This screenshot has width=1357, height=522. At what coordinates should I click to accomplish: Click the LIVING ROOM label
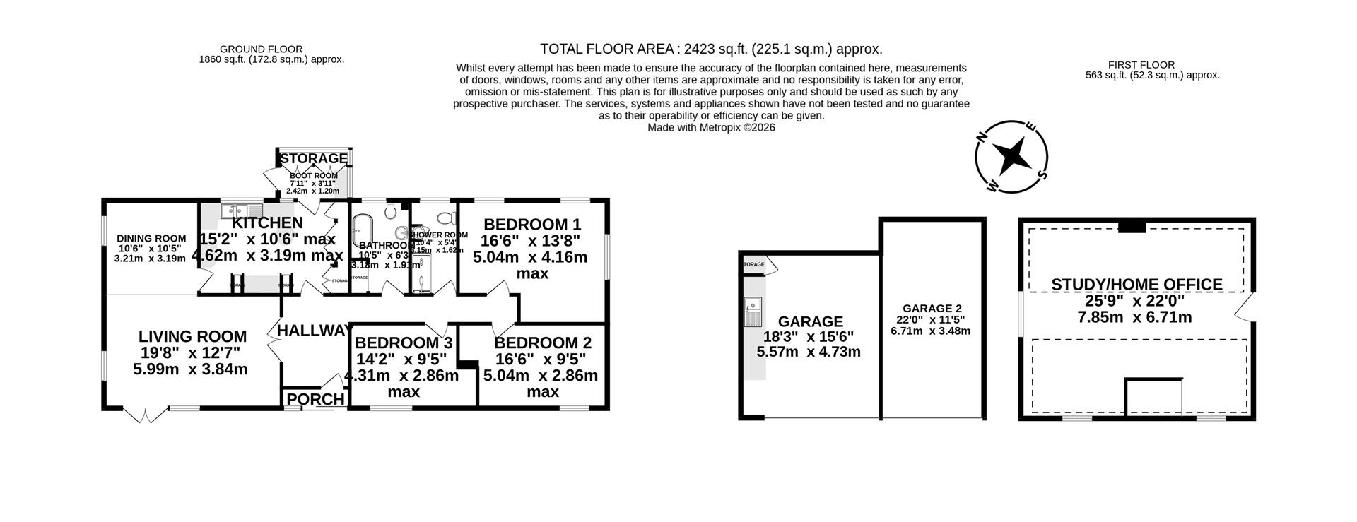[x=192, y=337]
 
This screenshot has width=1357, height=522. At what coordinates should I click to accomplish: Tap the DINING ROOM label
[x=151, y=239]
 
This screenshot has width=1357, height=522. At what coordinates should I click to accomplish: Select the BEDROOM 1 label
[x=531, y=225]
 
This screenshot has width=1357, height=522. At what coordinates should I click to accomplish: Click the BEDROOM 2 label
[x=542, y=343]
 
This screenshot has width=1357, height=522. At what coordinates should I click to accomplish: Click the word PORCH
[x=315, y=400]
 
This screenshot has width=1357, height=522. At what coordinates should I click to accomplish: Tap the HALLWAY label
[x=314, y=331]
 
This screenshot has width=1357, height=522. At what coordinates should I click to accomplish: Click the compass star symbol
[x=1011, y=155]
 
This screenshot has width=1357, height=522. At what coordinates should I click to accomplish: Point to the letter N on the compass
[x=981, y=138]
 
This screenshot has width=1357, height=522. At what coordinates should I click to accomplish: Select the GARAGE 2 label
[x=932, y=309]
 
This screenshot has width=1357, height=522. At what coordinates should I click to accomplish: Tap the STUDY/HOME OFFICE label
[x=1136, y=285]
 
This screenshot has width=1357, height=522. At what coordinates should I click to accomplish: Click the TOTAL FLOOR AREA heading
[x=711, y=49]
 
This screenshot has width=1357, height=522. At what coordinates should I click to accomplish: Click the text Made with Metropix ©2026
[x=711, y=128]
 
